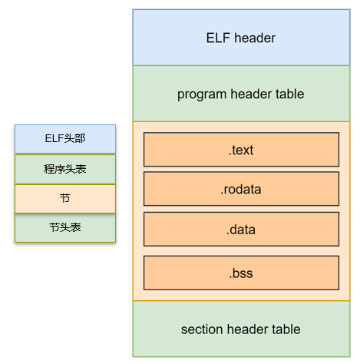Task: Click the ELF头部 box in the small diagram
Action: (65, 139)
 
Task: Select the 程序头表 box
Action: (65, 169)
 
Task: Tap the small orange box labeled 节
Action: (65, 198)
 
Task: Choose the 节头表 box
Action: (65, 227)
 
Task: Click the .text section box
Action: (241, 150)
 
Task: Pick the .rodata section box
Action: (241, 189)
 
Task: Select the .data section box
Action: (241, 229)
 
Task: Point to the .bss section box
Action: (241, 273)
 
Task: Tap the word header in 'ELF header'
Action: (254, 38)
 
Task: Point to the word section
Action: (203, 329)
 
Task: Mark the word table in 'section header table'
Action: (286, 329)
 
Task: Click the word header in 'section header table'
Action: (248, 329)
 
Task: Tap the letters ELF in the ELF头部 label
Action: (55, 139)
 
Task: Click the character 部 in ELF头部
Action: (81, 139)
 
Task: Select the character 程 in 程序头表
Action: (50, 169)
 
